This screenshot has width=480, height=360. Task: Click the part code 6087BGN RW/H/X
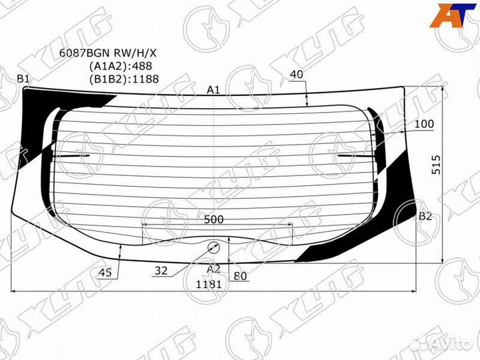click(x=108, y=53)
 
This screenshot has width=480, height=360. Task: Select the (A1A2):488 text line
click(x=121, y=66)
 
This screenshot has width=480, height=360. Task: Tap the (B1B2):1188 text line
click(x=124, y=79)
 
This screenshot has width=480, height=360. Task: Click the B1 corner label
click(x=23, y=79)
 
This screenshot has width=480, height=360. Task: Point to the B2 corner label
click(x=425, y=216)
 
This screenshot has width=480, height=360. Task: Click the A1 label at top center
click(x=213, y=90)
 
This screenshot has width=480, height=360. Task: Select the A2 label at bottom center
click(x=213, y=269)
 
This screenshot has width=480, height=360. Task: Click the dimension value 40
click(x=296, y=75)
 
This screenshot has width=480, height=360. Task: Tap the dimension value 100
click(x=424, y=124)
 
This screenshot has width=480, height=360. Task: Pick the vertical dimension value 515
click(x=437, y=165)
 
